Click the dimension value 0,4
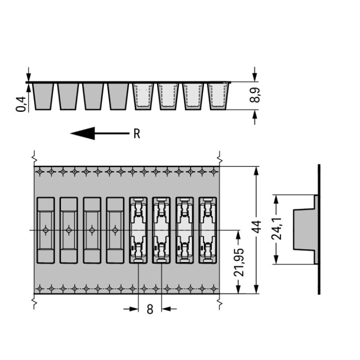pyautogui.click(x=21, y=104)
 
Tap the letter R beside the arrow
pyautogui.click(x=137, y=133)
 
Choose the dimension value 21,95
pyautogui.click(x=239, y=262)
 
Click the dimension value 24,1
pyautogui.click(x=276, y=228)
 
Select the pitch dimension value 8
pyautogui.click(x=150, y=309)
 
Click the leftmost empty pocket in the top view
pyautogui.click(x=46, y=230)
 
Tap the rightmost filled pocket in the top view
pyautogui.click(x=207, y=230)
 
